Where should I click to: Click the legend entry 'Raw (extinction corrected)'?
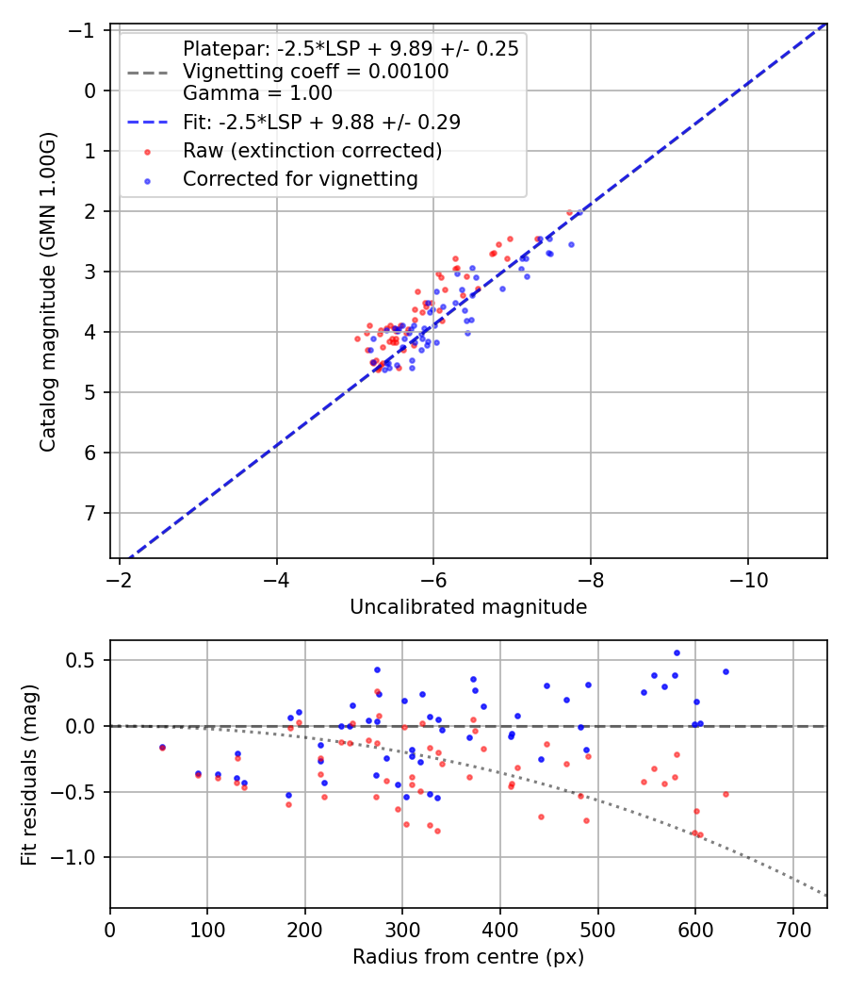[312, 151]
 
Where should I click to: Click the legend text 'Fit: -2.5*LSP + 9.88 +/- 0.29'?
[321, 123]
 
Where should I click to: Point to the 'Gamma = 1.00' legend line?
[257, 93]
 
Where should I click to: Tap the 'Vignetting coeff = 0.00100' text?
[316, 72]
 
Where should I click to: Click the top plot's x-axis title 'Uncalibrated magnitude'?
[468, 607]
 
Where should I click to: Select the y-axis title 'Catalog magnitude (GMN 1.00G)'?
[49, 292]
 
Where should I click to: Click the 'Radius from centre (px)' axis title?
[468, 957]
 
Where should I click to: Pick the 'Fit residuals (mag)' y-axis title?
[29, 774]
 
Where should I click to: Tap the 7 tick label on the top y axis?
[90, 513]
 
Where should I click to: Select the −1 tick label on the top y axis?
[85, 30]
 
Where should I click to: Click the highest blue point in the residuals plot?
[677, 652]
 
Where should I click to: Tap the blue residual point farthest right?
[726, 671]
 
